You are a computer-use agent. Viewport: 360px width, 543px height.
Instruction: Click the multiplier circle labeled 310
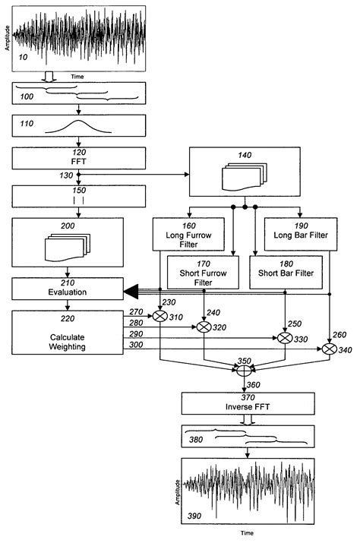160,317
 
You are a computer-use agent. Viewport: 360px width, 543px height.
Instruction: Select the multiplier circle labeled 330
285,338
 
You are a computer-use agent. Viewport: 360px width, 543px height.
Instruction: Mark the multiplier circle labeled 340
329,349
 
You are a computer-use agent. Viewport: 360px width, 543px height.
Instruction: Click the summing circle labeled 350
245,372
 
